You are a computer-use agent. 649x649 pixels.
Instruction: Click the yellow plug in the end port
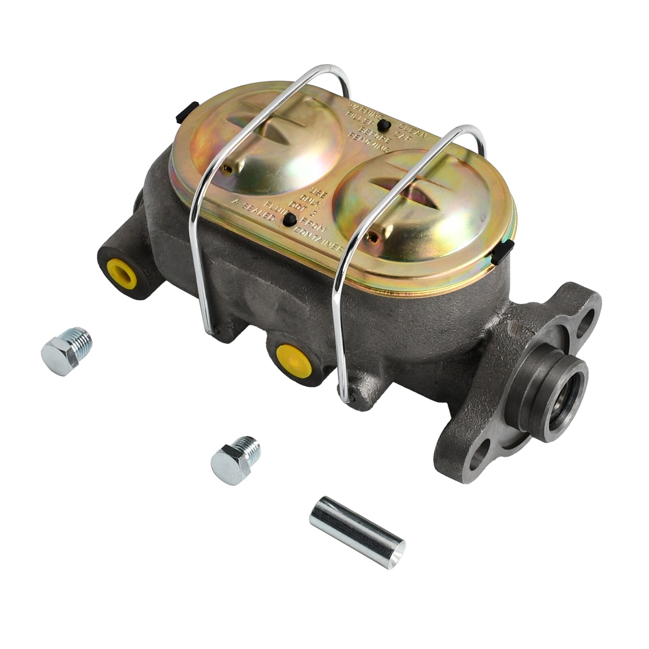tap(121, 272)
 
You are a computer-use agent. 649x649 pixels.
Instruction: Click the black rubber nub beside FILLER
tap(383, 125)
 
